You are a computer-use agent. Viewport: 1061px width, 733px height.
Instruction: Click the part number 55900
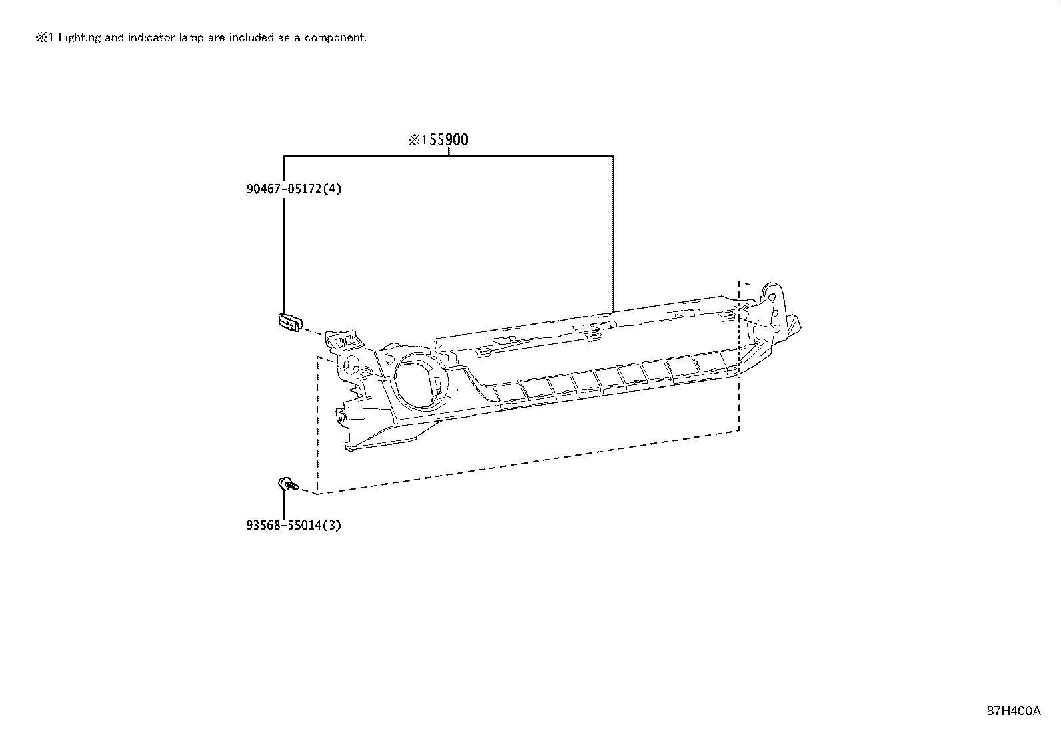tap(449, 140)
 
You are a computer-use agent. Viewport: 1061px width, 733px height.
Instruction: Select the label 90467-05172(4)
tap(293, 189)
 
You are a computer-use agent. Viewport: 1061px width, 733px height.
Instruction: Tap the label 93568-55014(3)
tap(293, 525)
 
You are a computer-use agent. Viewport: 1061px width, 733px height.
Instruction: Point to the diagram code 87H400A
tap(1013, 710)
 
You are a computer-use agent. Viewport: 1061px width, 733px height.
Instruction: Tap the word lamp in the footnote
tap(191, 37)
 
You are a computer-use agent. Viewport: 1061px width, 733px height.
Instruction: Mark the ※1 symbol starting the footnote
tap(44, 37)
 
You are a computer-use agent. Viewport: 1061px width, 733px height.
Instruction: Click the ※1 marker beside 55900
tap(417, 140)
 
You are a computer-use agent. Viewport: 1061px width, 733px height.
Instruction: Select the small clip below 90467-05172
tap(289, 321)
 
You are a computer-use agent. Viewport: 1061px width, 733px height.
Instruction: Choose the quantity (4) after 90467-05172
tap(333, 189)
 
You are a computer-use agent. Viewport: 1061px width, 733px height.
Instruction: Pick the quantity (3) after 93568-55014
tap(333, 525)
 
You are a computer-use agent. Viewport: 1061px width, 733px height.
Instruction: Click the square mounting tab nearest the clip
tap(343, 341)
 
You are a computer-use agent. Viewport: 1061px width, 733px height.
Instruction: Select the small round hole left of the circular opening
tap(347, 366)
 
